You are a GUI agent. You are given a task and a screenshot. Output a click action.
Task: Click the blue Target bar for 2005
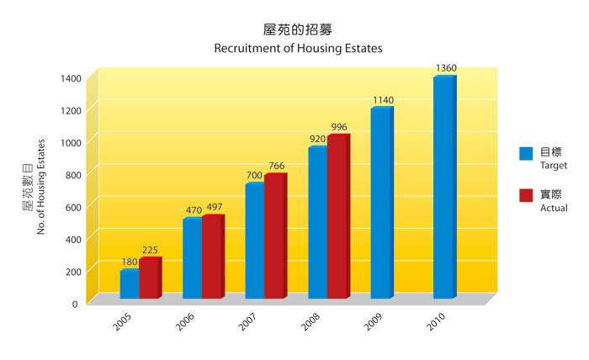point(130,284)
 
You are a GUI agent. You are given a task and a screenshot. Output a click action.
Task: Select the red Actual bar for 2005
point(149,278)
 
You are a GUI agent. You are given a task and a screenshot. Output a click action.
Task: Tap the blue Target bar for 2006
point(192,259)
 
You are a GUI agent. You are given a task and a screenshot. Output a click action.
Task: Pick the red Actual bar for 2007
point(274,236)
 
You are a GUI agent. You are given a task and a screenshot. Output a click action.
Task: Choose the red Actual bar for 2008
point(337,217)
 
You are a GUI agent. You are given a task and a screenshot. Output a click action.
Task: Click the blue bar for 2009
point(380,204)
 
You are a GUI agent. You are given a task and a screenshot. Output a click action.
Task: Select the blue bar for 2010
point(443,188)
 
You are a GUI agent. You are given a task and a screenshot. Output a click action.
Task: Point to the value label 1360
point(447,67)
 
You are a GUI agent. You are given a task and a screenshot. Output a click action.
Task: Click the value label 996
point(339,127)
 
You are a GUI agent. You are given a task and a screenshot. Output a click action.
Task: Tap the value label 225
point(150,250)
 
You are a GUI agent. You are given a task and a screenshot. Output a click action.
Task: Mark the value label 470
point(192,209)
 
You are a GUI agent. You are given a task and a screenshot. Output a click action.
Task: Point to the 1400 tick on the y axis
point(71,78)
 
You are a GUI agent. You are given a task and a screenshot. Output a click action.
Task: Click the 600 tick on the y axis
point(73,207)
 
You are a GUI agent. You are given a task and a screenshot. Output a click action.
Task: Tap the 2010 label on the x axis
point(436,321)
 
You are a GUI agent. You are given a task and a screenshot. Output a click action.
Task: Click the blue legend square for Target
point(526,153)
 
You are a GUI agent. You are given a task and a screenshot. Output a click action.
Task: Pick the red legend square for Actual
point(526,195)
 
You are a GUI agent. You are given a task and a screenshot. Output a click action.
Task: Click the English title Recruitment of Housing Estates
point(298,49)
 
